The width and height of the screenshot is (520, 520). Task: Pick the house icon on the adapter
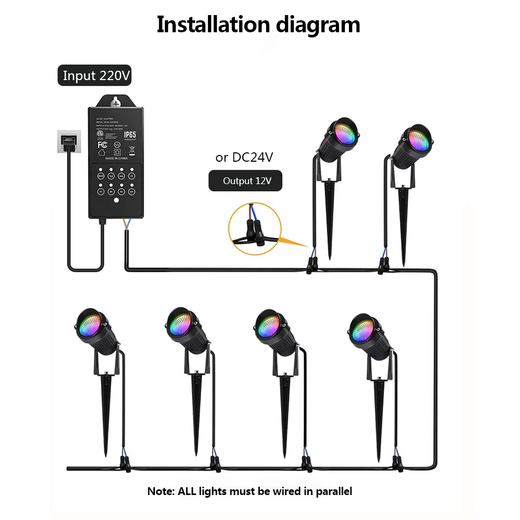pyautogui.click(x=102, y=153)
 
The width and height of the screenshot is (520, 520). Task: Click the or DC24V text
pyautogui.click(x=244, y=158)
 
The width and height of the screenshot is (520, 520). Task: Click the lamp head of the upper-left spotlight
pyautogui.click(x=341, y=137)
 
